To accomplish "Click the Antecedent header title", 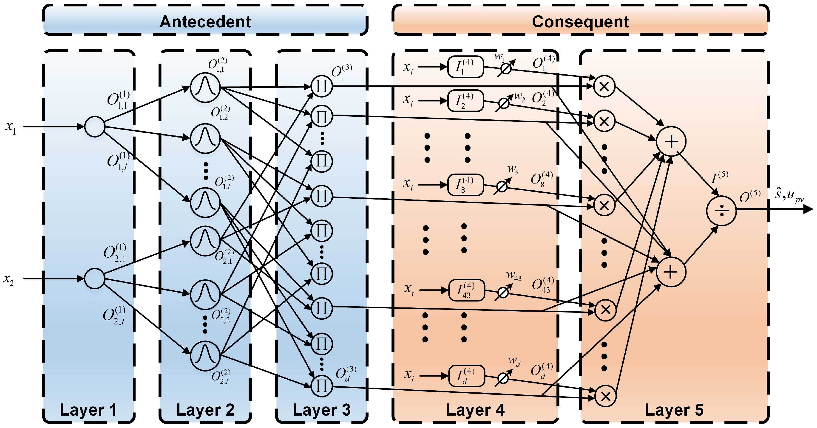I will click(205, 22).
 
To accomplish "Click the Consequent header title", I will click(580, 22).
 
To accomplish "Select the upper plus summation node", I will click(671, 141).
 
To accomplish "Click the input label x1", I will click(11, 127).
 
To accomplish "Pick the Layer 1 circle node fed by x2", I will click(94, 278).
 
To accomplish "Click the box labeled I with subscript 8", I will click(465, 185).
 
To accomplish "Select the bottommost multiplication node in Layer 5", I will click(605, 396).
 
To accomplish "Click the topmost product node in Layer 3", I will click(322, 86).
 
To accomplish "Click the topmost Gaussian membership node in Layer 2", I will click(205, 87).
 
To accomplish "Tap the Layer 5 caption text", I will click(674, 410).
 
